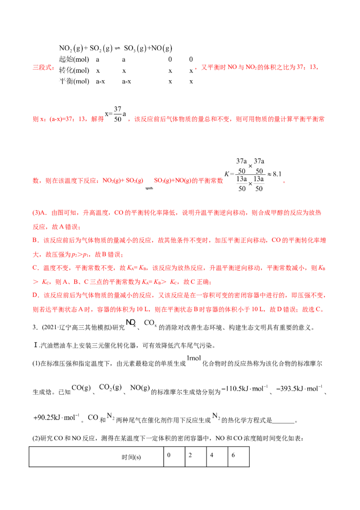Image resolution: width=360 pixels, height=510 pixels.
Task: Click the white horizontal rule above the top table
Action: pos(128,41)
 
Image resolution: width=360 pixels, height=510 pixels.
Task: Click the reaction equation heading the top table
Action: pos(115,48)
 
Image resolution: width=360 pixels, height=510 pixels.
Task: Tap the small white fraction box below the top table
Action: pos(116,113)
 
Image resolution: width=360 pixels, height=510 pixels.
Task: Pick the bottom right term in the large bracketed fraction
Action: pos(259,188)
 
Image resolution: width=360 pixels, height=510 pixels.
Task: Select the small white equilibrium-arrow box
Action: pos(148,190)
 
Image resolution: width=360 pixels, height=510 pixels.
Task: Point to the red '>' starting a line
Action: pos(34,282)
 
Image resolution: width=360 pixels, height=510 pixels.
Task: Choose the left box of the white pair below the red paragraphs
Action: pos(130,323)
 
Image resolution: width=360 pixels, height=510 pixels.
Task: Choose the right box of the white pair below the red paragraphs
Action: pos(150,323)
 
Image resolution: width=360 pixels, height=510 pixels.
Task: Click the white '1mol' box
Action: pos(194,358)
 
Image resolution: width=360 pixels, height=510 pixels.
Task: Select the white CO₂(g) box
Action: pos(111,387)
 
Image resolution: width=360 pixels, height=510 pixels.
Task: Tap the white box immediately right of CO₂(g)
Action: pos(139,387)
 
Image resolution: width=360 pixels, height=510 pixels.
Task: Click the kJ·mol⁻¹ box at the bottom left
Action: pos(57,417)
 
